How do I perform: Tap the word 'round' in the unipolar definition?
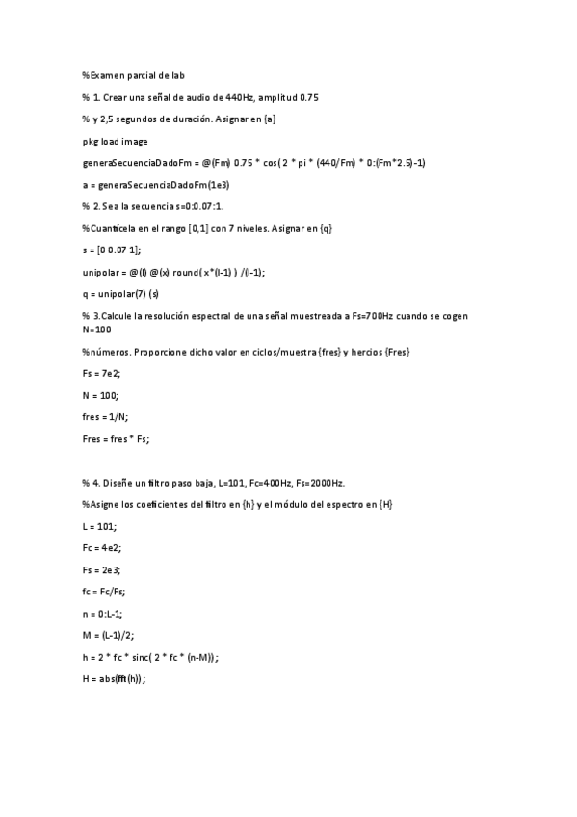pyautogui.click(x=189, y=272)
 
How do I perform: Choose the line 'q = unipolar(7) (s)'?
pyautogui.click(x=120, y=294)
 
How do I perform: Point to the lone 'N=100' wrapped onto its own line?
pyautogui.click(x=97, y=329)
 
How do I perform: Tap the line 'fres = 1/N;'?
pyautogui.click(x=105, y=416)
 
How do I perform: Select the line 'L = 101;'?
pyautogui.click(x=99, y=526)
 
